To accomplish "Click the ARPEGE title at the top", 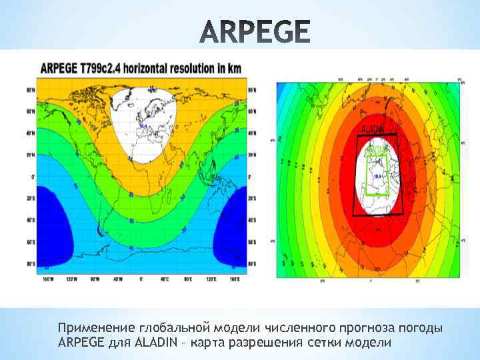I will click(x=255, y=31).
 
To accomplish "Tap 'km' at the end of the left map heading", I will click(x=234, y=68).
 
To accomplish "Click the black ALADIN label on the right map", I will click(x=373, y=128).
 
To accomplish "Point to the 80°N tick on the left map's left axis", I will click(x=31, y=89).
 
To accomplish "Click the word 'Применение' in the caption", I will click(x=97, y=329).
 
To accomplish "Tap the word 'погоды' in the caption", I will click(x=420, y=329).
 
